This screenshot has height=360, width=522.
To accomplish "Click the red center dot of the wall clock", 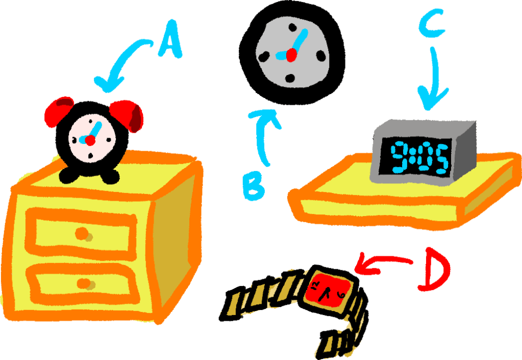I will pyautogui.click(x=291, y=54).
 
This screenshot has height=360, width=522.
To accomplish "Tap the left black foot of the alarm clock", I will pyautogui.click(x=69, y=177).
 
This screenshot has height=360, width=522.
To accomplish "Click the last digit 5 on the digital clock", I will pyautogui.click(x=439, y=158).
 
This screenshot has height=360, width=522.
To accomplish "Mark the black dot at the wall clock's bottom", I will pyautogui.click(x=290, y=79).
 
